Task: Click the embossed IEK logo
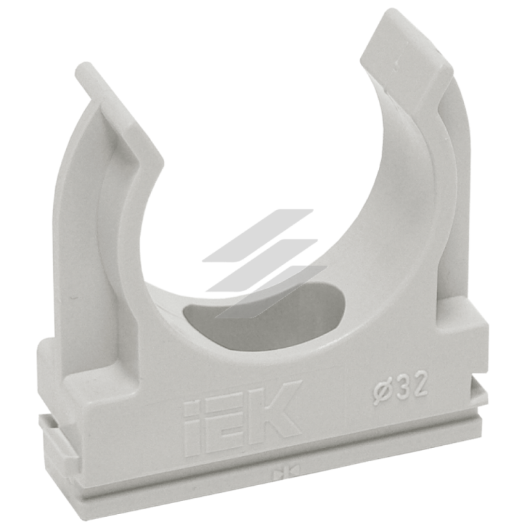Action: tap(242, 420)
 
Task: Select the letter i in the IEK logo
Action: tap(193, 432)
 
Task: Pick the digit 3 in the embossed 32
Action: tap(402, 389)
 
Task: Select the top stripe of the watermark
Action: tap(258, 236)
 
